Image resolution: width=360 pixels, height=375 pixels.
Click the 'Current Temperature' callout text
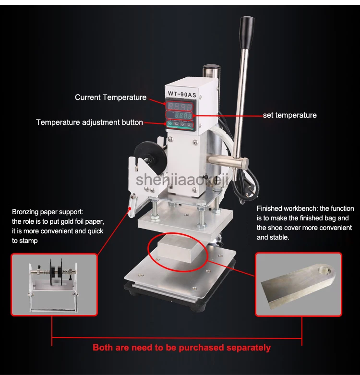(x=110, y=97)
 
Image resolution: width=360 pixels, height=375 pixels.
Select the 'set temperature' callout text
(x=289, y=115)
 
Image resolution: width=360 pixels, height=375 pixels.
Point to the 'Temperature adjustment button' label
(x=89, y=122)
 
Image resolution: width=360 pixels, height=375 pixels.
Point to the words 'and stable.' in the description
(x=273, y=237)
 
